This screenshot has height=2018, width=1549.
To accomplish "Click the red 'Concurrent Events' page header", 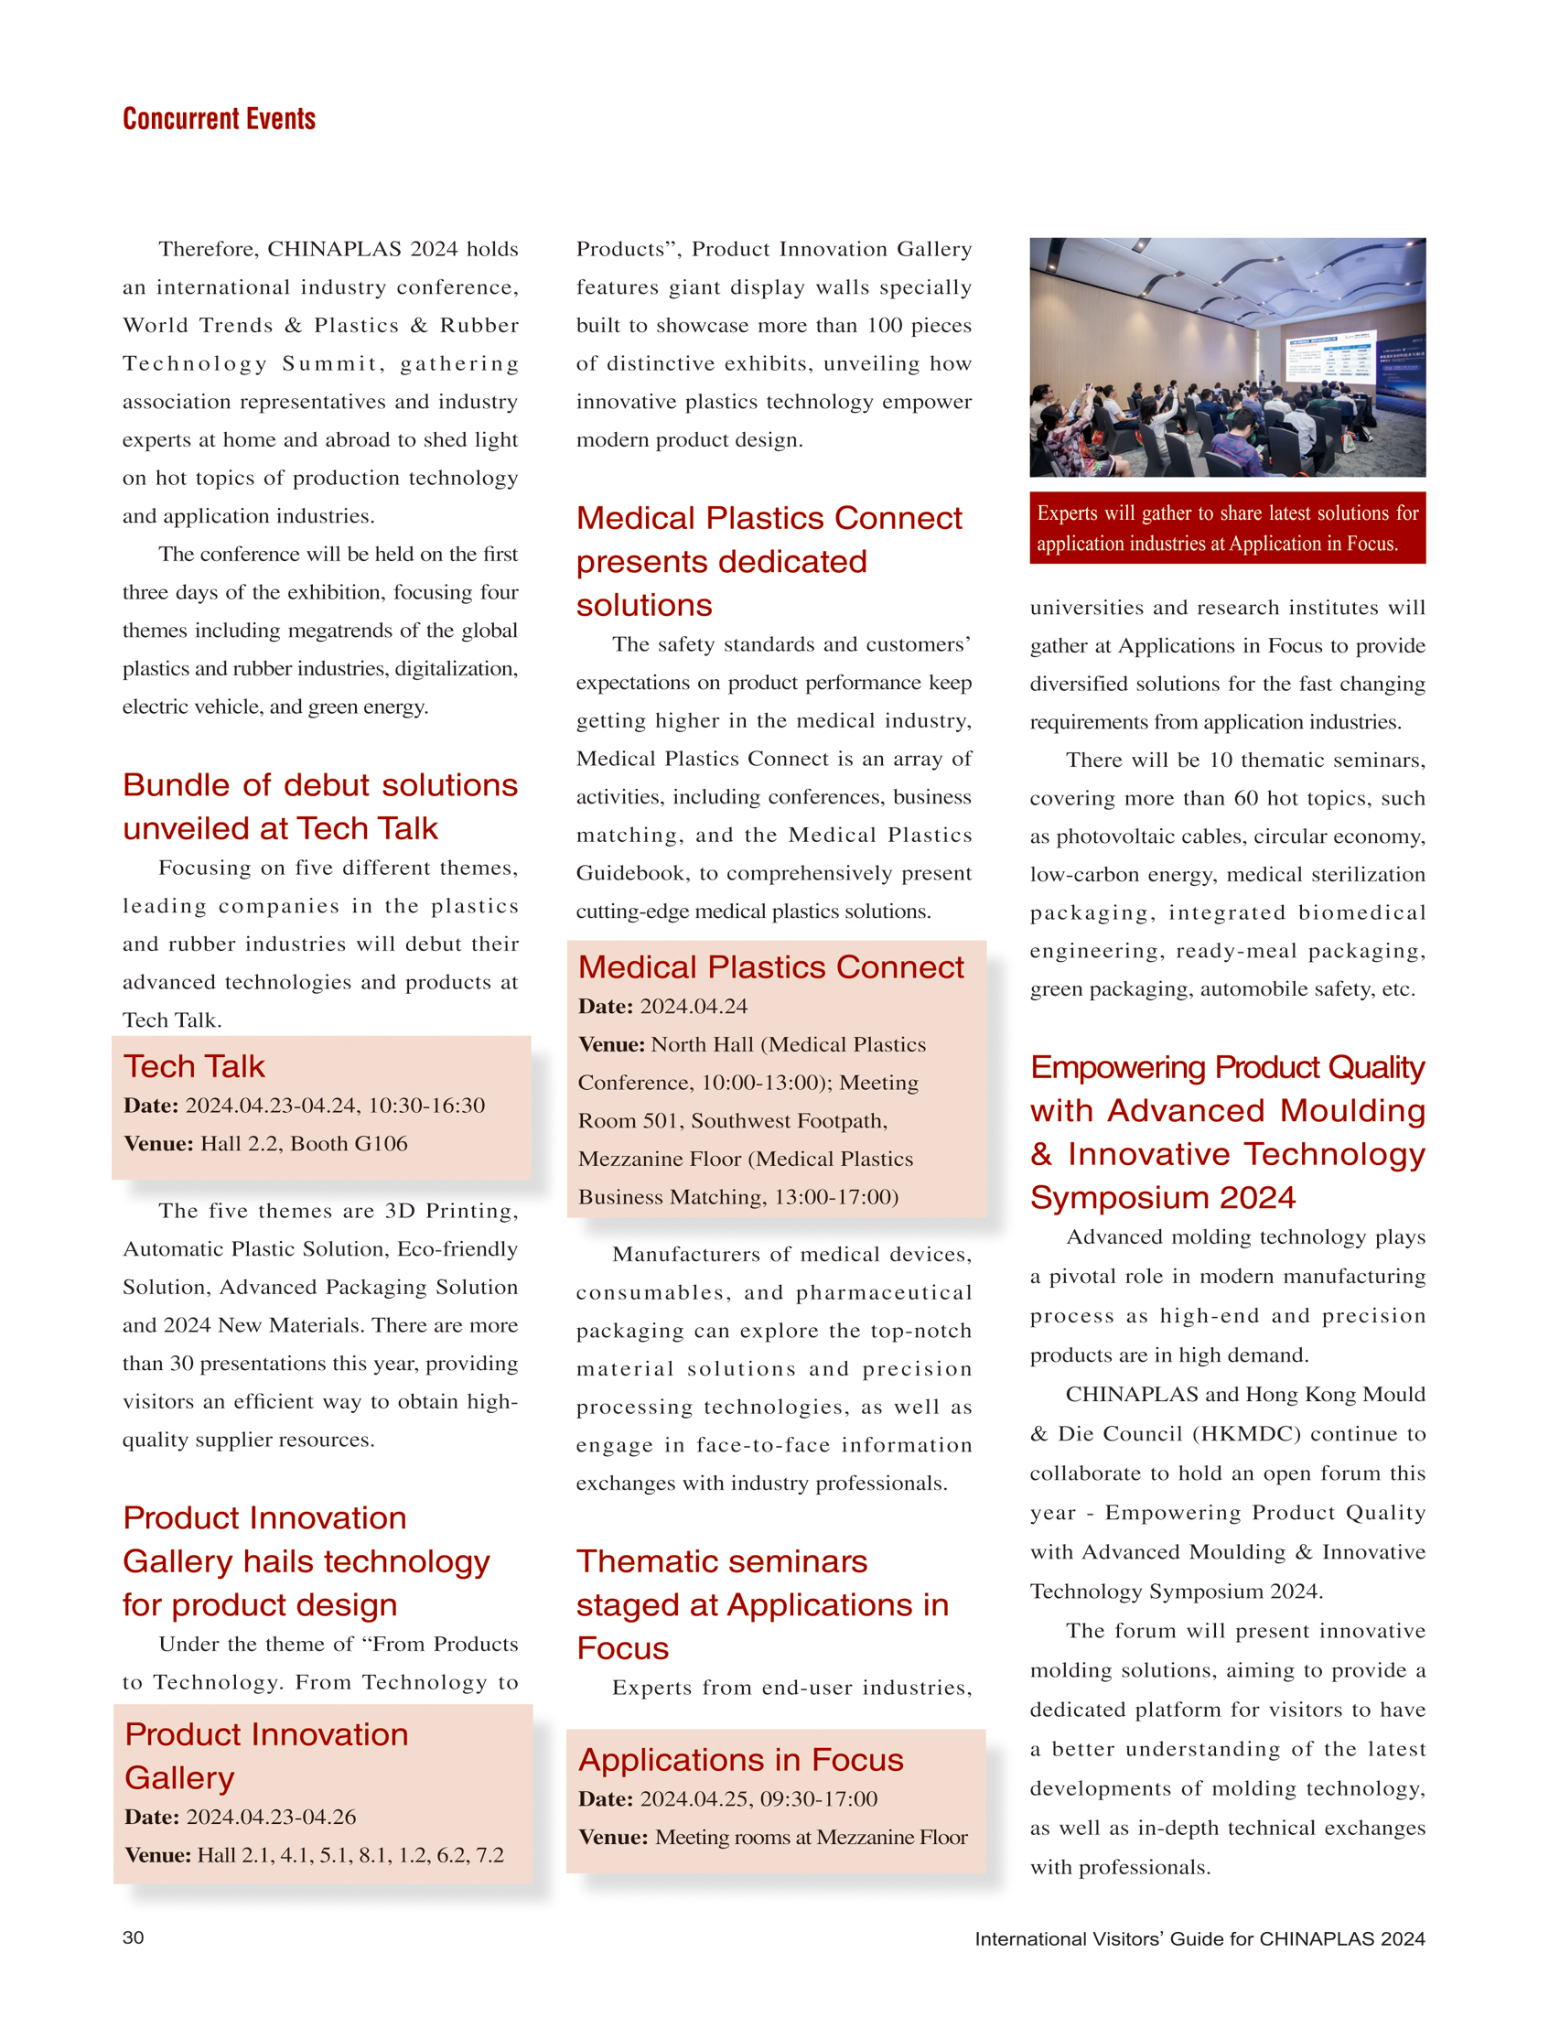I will pos(220,119).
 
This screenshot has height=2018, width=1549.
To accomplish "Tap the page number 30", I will pos(133,1937).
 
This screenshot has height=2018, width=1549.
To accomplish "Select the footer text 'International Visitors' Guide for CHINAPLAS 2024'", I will pos(1199,1938).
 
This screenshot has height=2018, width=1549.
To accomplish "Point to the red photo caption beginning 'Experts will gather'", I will pos(1226,527).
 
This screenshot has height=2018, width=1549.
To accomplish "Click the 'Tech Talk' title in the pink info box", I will pos(195,1066).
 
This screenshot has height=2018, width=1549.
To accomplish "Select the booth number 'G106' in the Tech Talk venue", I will pos(381,1144).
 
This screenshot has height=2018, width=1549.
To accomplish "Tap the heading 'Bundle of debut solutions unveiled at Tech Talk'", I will pos(320,806).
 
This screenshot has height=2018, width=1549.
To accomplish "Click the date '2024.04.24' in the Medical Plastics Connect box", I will pos(694,1006).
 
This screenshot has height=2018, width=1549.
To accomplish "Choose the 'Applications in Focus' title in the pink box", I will pos(740,1760).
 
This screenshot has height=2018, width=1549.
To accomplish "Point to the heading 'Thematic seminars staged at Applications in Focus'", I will pos(761,1605).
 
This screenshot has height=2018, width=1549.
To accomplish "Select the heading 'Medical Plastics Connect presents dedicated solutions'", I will pos(768,561).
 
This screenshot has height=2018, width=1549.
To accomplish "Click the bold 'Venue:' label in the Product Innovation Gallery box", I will pos(157,1855).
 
